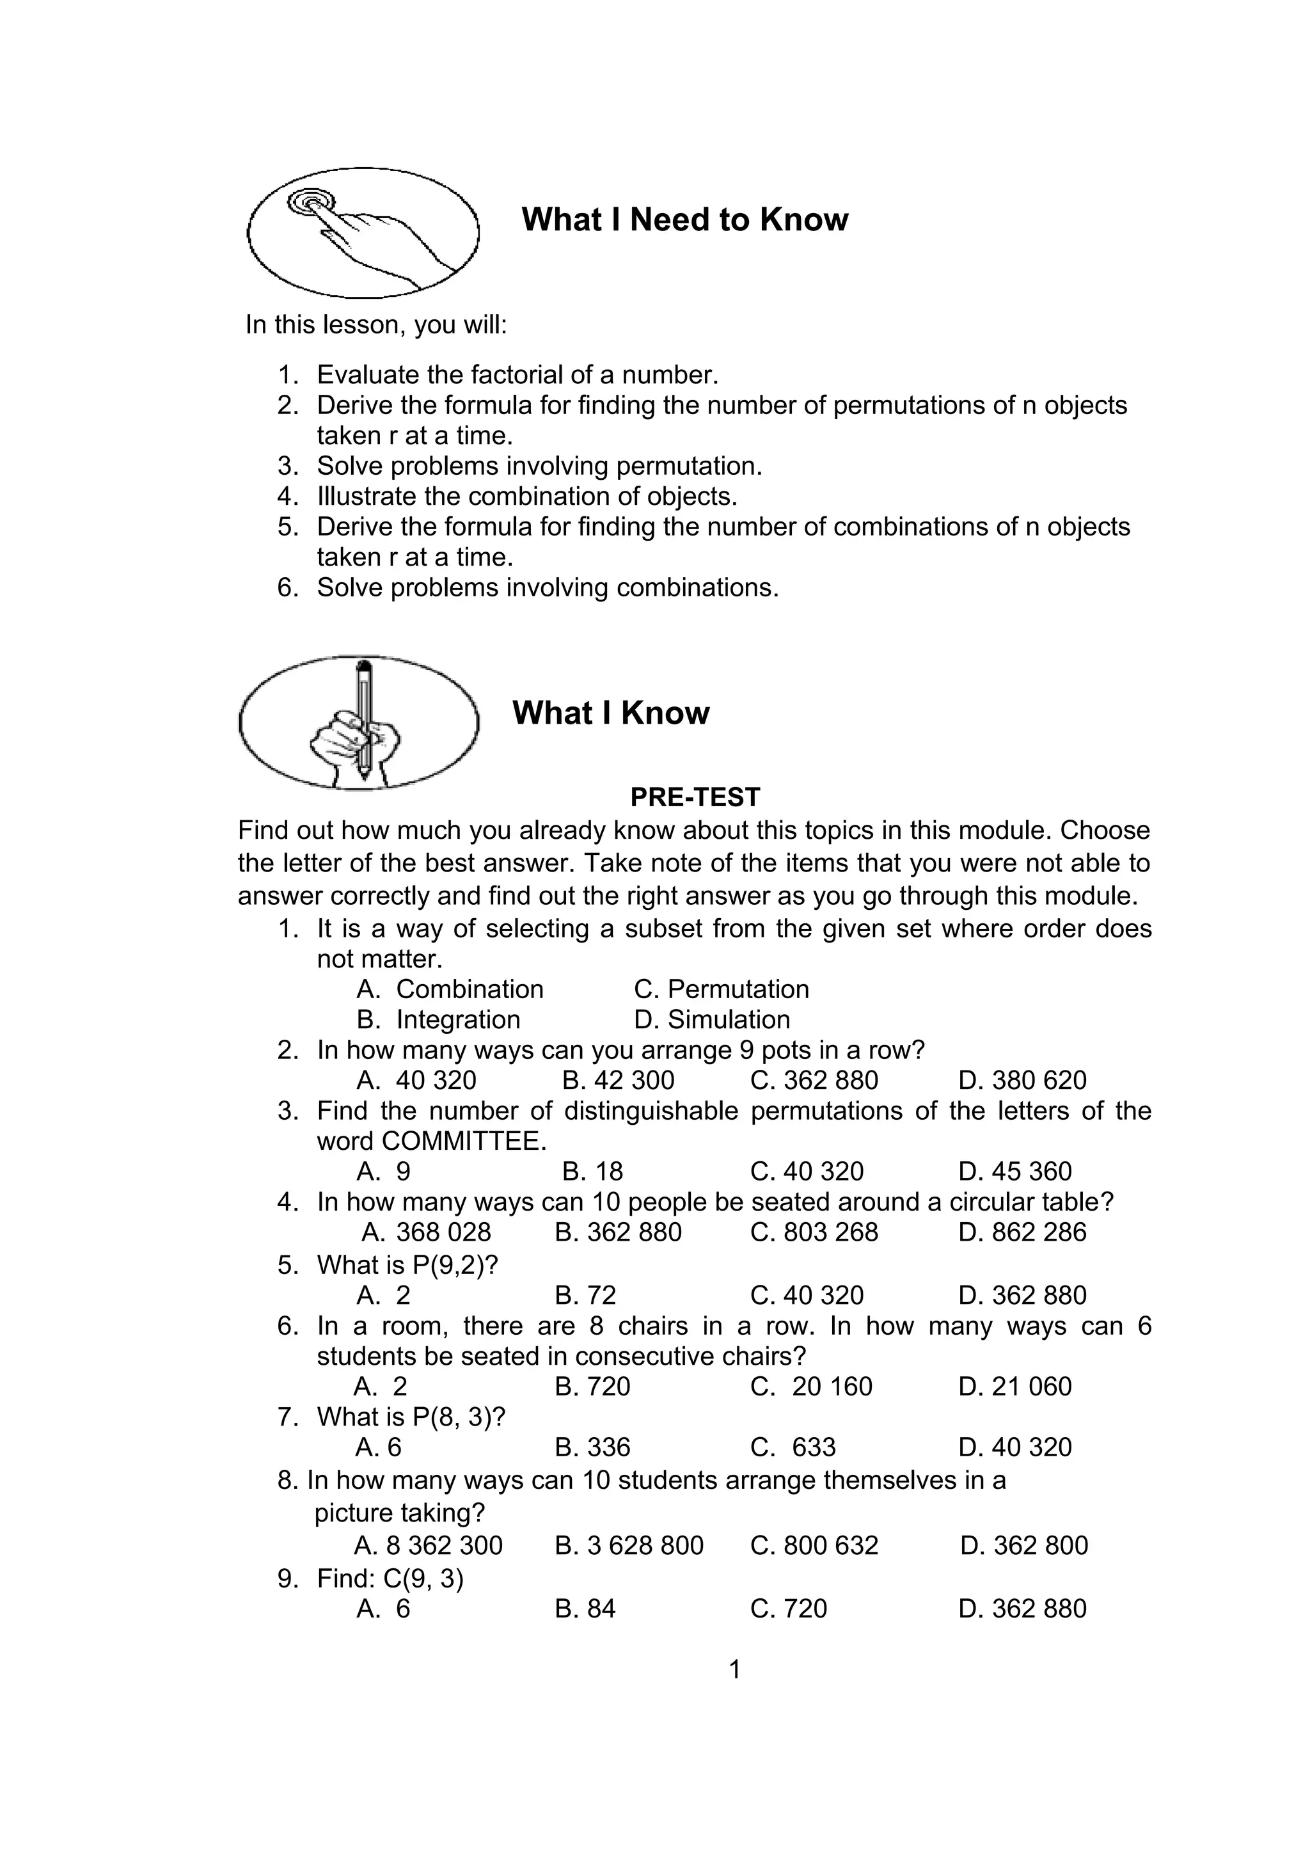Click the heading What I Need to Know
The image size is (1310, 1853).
[x=685, y=219]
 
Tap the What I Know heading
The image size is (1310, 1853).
[x=611, y=713]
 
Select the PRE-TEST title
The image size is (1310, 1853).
[x=695, y=797]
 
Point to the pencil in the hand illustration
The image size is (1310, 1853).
[x=364, y=719]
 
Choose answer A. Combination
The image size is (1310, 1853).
[x=450, y=989]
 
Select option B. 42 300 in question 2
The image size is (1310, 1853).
[x=618, y=1081]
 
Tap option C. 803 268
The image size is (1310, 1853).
[x=814, y=1232]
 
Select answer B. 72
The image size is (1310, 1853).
[x=586, y=1295]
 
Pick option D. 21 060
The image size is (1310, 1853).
[x=1014, y=1387]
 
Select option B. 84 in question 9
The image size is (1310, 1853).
[x=586, y=1609]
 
